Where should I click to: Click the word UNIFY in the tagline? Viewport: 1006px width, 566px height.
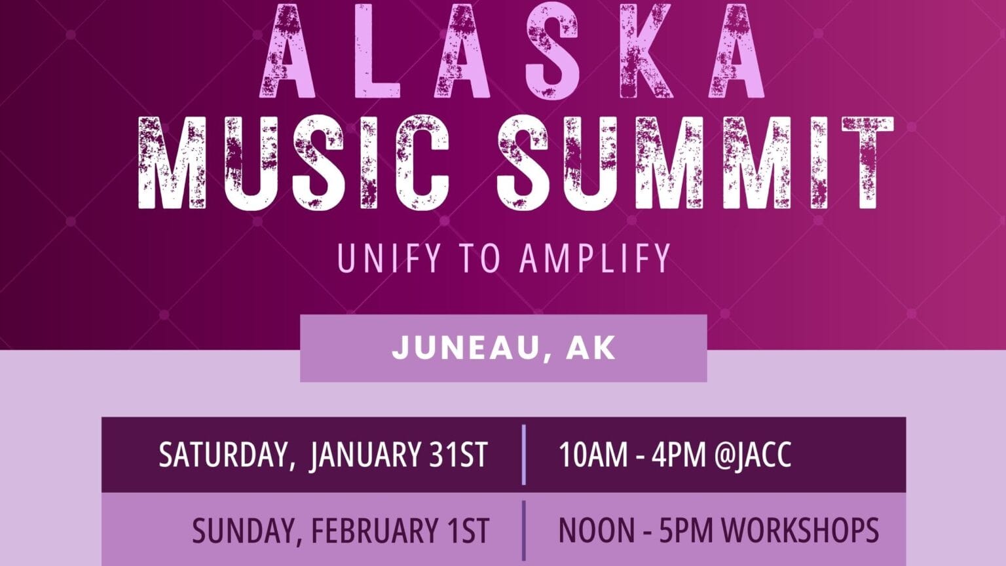380,258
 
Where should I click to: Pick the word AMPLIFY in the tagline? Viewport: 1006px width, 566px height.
595,258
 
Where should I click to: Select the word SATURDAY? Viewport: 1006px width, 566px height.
223,455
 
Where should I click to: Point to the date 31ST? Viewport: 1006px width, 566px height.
458,455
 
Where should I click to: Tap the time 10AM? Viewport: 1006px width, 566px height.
593,455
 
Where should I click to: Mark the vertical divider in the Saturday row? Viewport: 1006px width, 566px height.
524,455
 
